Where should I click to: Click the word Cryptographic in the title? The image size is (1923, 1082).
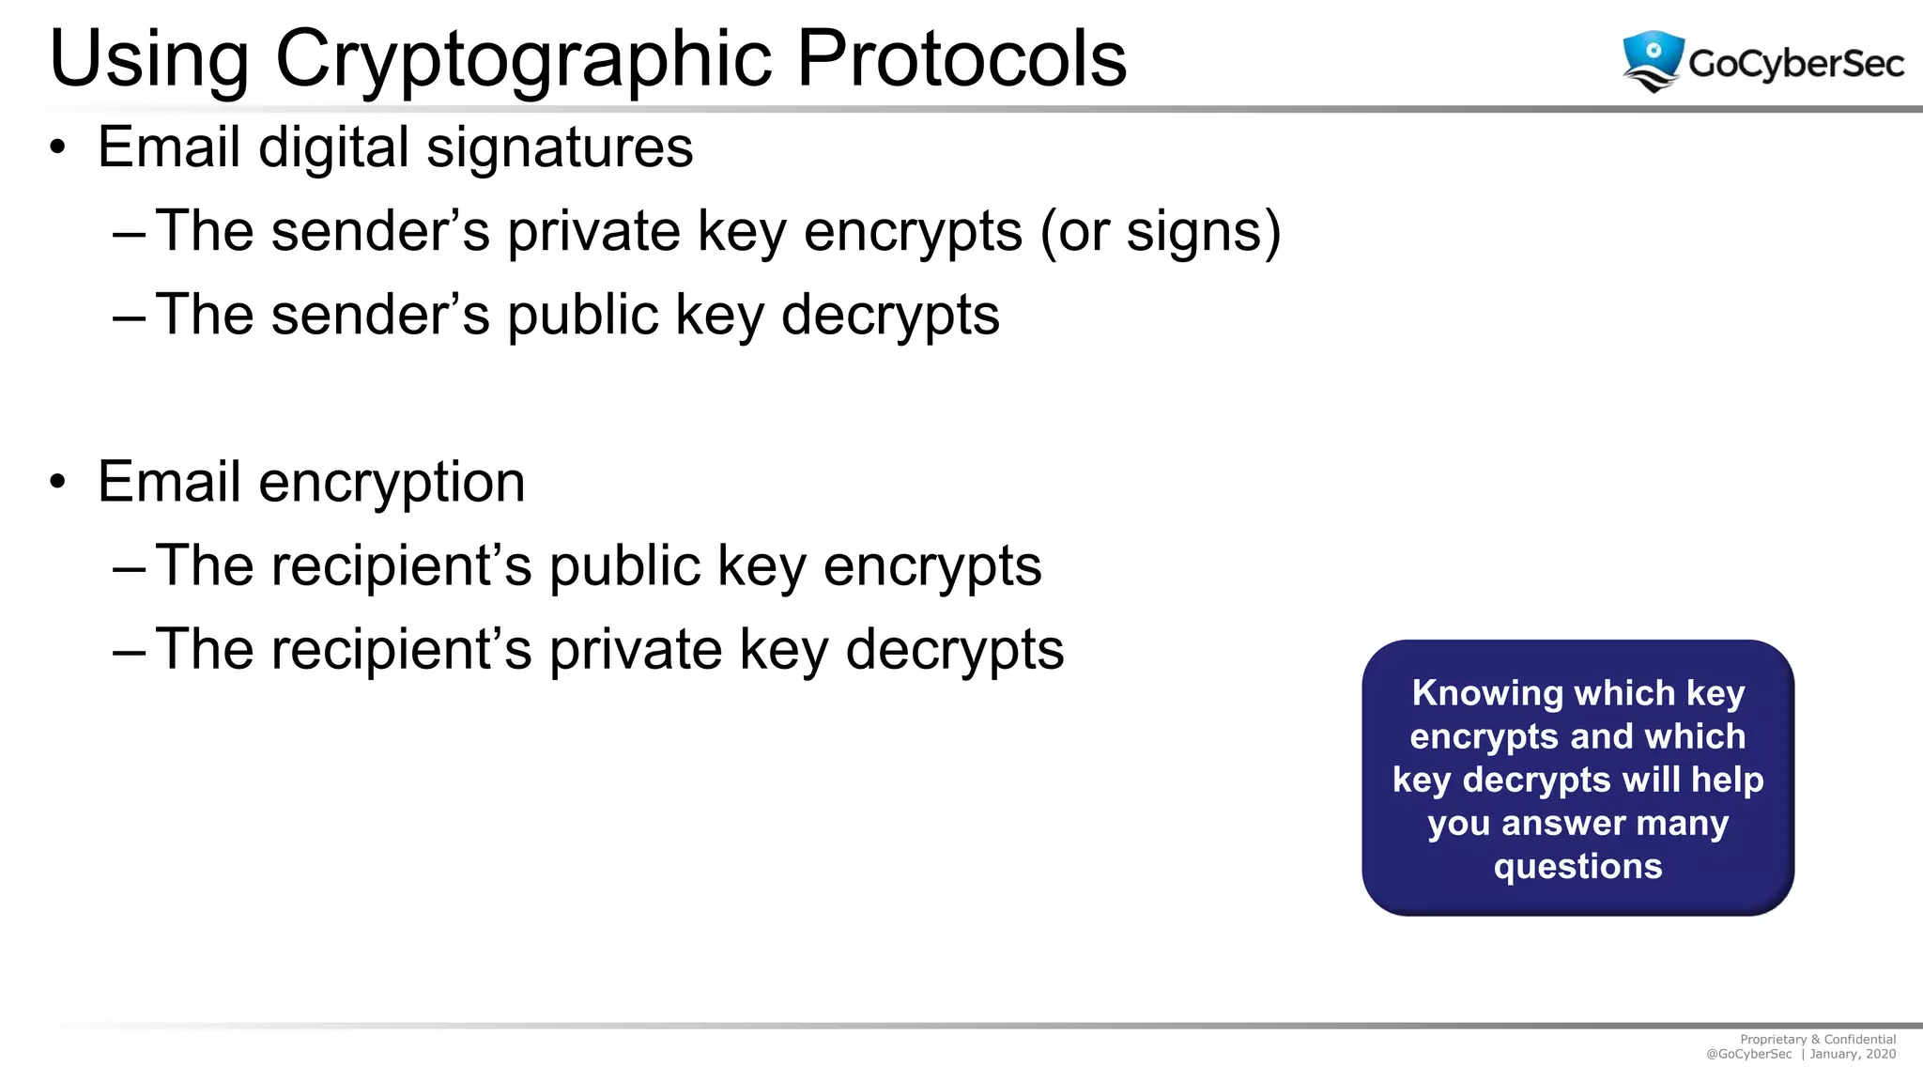point(524,60)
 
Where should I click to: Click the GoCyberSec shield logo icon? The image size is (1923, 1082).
point(1653,60)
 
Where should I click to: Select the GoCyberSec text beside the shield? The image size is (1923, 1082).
point(1795,64)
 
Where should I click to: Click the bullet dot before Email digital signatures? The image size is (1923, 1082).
point(58,147)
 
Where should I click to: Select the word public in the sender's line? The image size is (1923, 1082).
point(583,315)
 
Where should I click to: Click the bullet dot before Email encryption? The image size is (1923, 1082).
point(58,482)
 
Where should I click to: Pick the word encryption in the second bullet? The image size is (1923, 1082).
point(392,483)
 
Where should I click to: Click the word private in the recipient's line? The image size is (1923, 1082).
point(635,649)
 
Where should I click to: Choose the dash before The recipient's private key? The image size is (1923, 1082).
point(129,650)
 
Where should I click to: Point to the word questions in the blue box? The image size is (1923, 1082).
point(1577,866)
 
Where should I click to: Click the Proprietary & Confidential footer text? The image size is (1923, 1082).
point(1818,1040)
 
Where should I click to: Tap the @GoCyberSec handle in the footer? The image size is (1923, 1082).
point(1748,1054)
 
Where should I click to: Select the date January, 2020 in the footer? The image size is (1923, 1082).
point(1853,1054)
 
